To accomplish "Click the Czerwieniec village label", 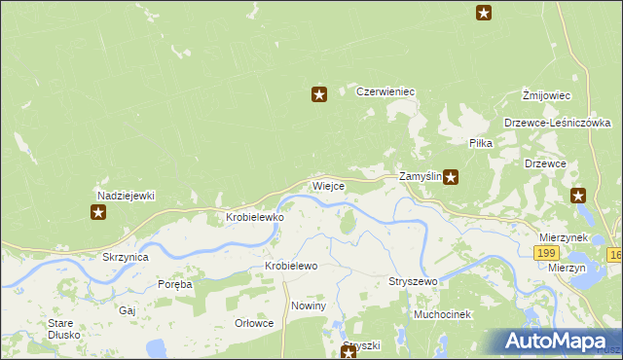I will tap(385, 91).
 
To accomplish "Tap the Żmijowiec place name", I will tap(545, 95).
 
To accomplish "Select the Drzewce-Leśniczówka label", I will tap(557, 124).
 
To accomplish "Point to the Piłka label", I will tap(481, 143).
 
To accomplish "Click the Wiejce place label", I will tap(328, 186).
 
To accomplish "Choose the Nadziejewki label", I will tap(126, 195).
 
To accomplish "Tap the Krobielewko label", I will tap(255, 218).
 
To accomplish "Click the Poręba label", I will tap(175, 285).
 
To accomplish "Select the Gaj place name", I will tap(127, 310).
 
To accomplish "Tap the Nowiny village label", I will tap(309, 306).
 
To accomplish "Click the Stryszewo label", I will tap(414, 281).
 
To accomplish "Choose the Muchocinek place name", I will tap(442, 315).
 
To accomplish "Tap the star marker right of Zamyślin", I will tap(452, 177).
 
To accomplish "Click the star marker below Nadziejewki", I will tap(98, 212).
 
